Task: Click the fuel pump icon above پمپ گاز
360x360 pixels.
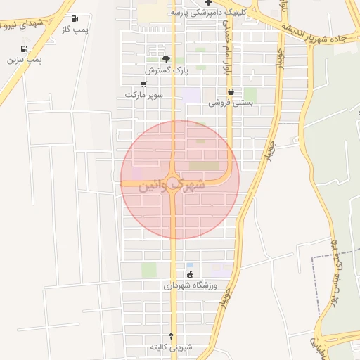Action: (75, 19)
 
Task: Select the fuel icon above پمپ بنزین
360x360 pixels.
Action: (25, 49)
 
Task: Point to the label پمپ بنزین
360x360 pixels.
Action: (25, 60)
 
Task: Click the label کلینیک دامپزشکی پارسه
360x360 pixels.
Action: (206, 13)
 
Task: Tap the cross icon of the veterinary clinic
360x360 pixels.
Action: (208, 2)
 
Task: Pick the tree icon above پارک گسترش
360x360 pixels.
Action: (166, 59)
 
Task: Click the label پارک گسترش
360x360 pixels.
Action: (167, 70)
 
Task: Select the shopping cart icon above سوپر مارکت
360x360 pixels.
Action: (143, 83)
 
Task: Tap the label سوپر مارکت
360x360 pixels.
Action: (144, 94)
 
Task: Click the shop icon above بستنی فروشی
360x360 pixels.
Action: (231, 91)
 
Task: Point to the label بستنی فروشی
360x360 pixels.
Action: (231, 103)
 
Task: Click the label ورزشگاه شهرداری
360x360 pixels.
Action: (191, 286)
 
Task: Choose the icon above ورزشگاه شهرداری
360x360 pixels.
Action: (190, 274)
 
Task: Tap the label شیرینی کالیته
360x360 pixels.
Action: (170, 347)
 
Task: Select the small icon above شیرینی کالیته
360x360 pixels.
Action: (172, 335)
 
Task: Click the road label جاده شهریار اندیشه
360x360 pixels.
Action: (314, 34)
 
